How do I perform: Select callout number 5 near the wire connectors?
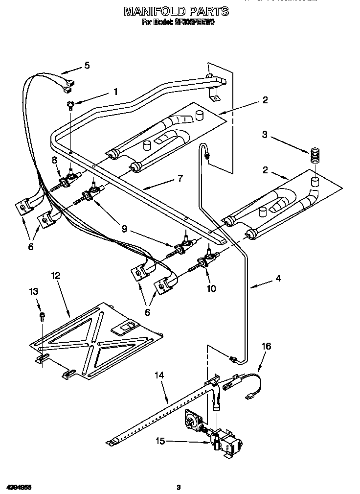(87, 65)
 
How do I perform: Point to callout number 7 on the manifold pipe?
(180, 178)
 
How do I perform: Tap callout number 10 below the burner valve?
(211, 288)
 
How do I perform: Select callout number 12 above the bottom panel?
(56, 276)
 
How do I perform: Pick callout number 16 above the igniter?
(266, 347)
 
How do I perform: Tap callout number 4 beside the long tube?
(277, 279)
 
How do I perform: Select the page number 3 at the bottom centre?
(179, 487)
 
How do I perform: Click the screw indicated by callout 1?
(71, 104)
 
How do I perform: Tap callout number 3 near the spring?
(265, 135)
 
